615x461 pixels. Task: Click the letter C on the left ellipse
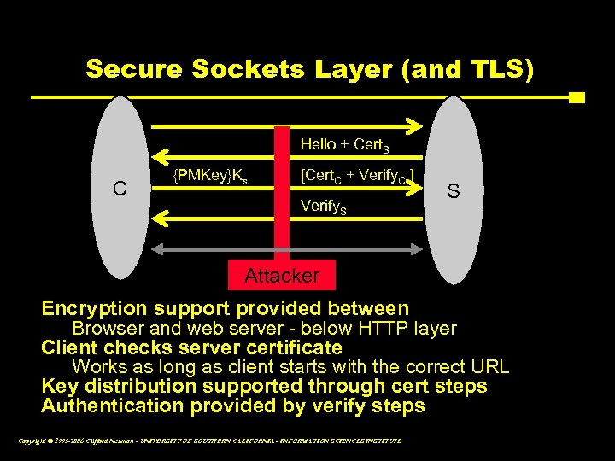point(121,189)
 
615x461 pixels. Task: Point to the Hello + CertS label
point(345,145)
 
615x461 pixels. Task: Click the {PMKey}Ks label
point(210,177)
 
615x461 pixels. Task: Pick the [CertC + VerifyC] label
point(358,178)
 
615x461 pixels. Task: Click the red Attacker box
point(281,275)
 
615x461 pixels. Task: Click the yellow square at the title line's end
point(577,97)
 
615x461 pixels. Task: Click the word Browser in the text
point(105,329)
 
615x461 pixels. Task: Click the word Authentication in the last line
point(113,406)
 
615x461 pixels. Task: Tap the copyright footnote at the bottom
point(208,441)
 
